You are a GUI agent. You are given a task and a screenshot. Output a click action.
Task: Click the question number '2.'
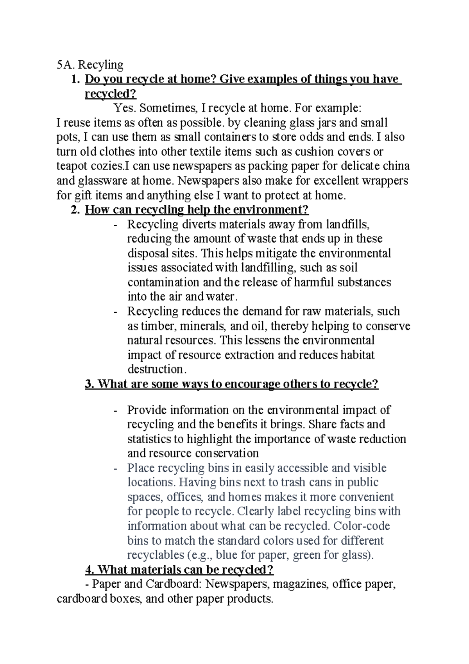(75, 210)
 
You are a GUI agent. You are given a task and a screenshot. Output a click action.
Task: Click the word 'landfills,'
(348, 225)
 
